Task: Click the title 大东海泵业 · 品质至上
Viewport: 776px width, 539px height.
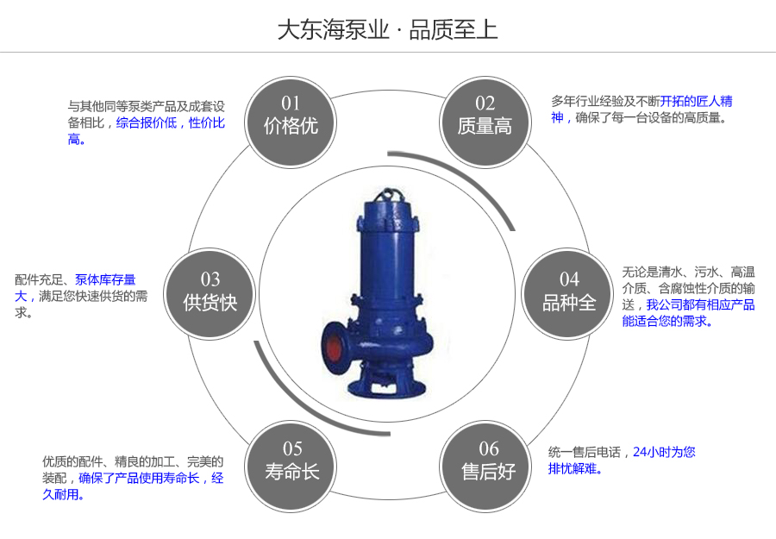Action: [387, 30]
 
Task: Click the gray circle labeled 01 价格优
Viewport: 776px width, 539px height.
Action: [291, 116]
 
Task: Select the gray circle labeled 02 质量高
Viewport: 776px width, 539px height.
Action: [485, 116]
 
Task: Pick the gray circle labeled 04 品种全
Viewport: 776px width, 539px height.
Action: [569, 291]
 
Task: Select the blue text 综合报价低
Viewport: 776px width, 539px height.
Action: [146, 123]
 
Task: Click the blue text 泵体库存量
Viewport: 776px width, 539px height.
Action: [105, 279]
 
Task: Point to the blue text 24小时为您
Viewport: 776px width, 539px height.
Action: [664, 451]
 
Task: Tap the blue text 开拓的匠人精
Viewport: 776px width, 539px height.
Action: [697, 101]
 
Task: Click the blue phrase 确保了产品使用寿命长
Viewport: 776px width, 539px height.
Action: [139, 478]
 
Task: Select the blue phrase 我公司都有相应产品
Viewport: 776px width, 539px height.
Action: [700, 304]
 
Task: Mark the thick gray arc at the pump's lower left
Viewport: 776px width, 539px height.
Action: [276, 379]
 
